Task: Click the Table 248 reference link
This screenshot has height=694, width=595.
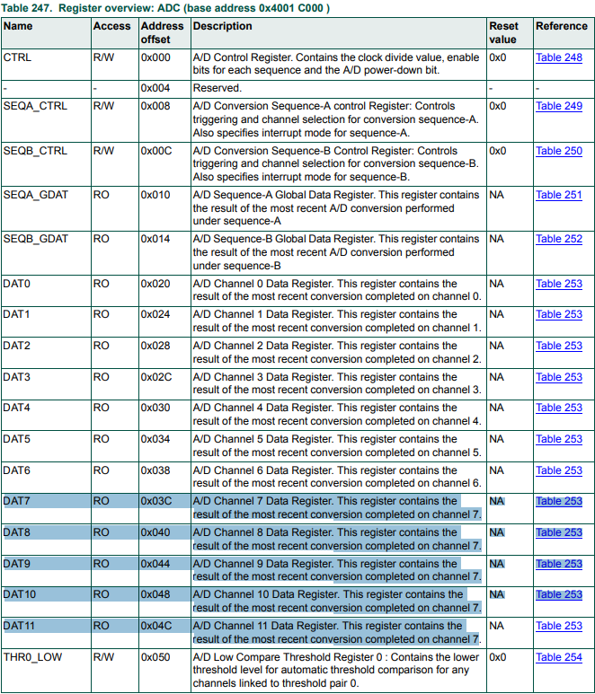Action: (x=559, y=57)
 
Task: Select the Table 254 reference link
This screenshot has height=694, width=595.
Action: (x=559, y=657)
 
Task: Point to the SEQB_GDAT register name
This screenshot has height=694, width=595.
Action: (x=35, y=240)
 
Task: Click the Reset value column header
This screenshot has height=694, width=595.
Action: (x=503, y=32)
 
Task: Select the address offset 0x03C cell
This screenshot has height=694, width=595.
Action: (x=156, y=501)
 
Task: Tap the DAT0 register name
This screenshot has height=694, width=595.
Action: (x=17, y=284)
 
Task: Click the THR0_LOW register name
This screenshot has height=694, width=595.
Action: (x=32, y=657)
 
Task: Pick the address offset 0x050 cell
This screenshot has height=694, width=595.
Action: (x=155, y=657)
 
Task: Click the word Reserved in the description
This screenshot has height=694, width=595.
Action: (x=218, y=88)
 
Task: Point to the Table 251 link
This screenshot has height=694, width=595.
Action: (x=559, y=195)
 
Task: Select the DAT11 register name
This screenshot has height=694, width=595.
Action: (x=20, y=626)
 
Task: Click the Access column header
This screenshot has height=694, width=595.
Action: (x=111, y=26)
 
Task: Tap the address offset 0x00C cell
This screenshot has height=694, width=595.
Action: (x=156, y=151)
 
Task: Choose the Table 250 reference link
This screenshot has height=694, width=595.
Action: (x=559, y=151)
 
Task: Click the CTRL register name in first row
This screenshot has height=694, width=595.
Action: (x=16, y=57)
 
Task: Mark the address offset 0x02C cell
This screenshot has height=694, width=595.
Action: (x=156, y=377)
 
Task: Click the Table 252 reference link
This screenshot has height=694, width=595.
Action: (x=559, y=240)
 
